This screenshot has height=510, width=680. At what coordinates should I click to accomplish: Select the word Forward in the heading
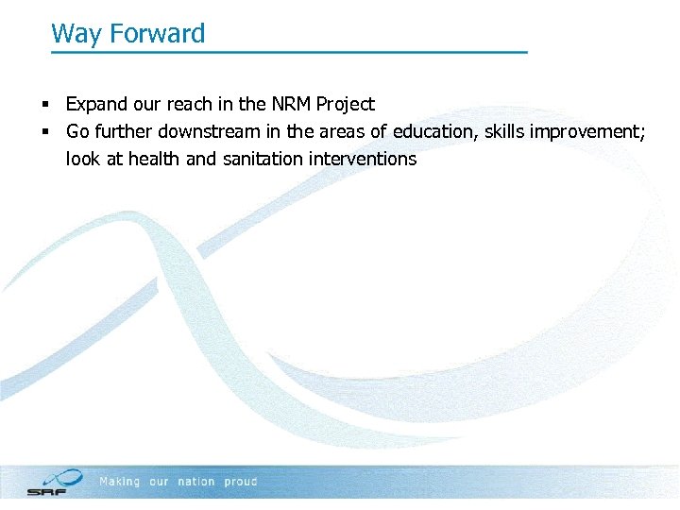[157, 34]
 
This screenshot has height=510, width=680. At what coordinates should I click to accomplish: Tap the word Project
[345, 104]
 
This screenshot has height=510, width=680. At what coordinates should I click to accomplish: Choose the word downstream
[212, 131]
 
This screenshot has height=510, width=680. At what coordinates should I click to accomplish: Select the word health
[154, 159]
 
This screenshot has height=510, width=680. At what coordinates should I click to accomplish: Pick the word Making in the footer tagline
[120, 482]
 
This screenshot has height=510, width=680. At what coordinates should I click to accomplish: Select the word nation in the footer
[196, 482]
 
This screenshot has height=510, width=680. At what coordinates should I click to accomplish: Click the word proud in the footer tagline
[241, 482]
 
